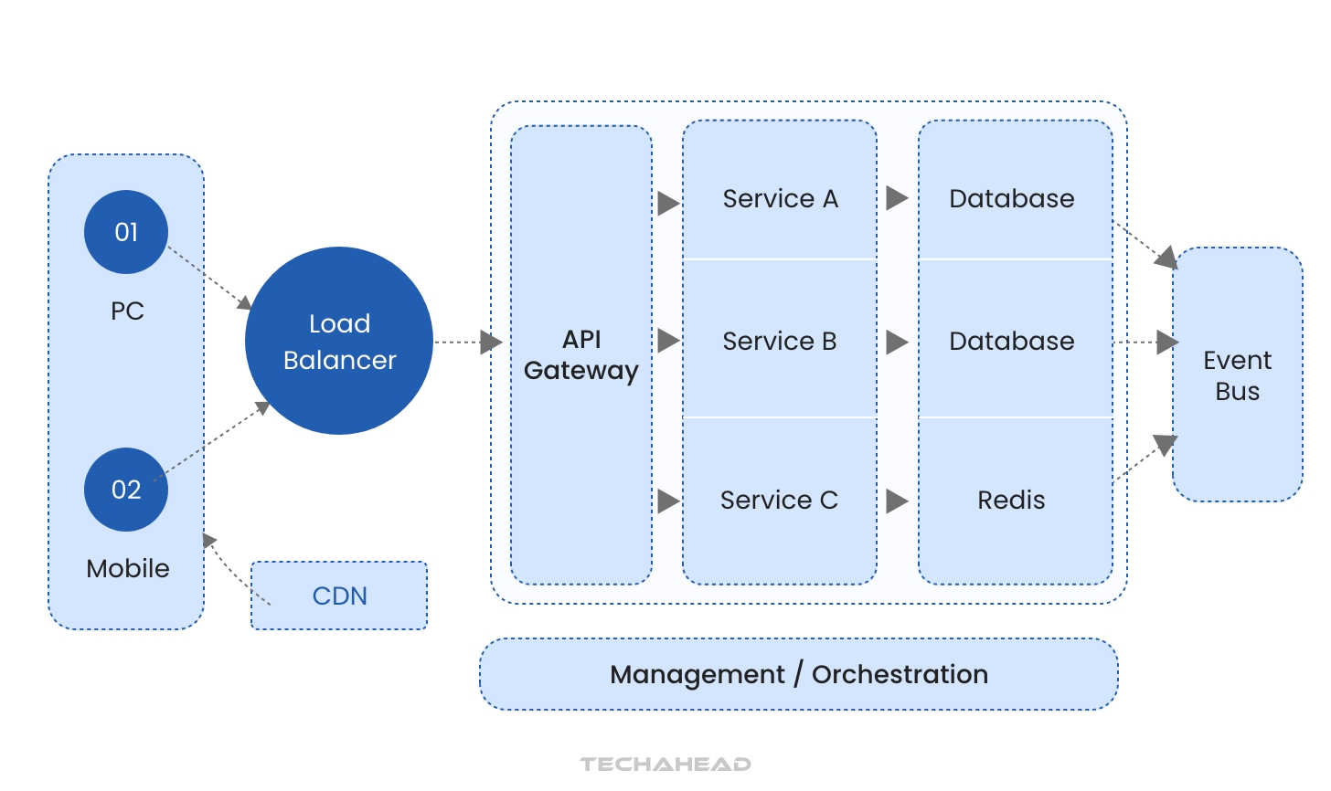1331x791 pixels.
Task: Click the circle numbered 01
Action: click(x=126, y=232)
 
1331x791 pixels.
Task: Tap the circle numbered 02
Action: click(x=126, y=490)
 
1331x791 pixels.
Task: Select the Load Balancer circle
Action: click(x=339, y=341)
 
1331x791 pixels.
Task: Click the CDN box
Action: click(x=339, y=596)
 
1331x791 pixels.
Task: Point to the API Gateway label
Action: click(x=581, y=354)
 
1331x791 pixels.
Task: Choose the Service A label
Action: click(x=780, y=198)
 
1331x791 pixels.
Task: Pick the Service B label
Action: click(x=780, y=341)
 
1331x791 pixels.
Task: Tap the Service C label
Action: click(x=779, y=500)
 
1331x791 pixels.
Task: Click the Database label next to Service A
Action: click(x=1011, y=198)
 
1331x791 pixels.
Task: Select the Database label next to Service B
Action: click(x=1011, y=341)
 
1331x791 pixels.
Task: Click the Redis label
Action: click(x=1011, y=500)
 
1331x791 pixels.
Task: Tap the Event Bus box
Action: click(x=1237, y=374)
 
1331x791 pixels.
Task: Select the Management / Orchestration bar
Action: click(x=799, y=674)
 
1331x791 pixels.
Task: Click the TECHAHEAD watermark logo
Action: click(x=665, y=764)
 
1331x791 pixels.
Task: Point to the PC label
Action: click(x=127, y=311)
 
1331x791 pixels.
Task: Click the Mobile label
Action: click(x=128, y=568)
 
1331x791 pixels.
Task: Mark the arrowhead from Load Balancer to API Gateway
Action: click(x=491, y=343)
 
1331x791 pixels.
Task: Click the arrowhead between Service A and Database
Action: click(x=897, y=198)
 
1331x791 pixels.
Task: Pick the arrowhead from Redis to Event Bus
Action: click(x=1165, y=445)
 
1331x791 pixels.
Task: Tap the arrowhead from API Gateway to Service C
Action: click(x=668, y=501)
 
